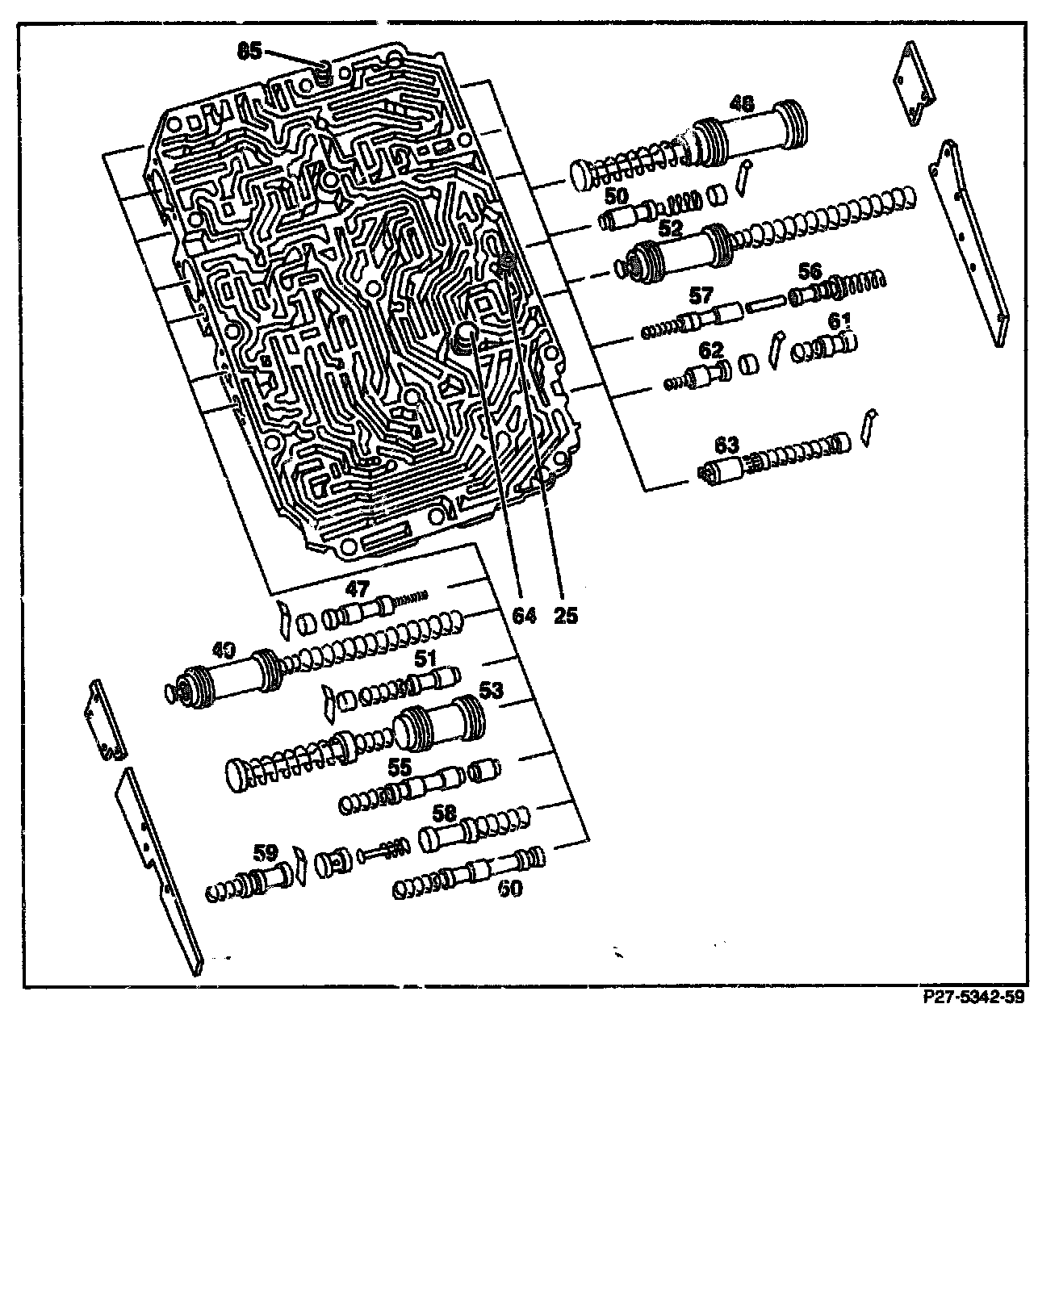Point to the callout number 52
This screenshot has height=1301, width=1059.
[x=670, y=229]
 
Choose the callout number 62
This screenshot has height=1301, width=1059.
[x=711, y=350]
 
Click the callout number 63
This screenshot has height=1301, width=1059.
[x=726, y=444]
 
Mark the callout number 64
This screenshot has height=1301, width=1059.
[x=525, y=616]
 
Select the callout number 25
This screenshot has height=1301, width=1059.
[x=566, y=616]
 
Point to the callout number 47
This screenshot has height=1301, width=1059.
[x=358, y=588]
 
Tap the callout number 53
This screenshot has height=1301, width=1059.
[x=491, y=690]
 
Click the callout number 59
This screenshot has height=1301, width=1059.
[x=266, y=852]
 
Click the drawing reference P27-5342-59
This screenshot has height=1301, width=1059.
[x=973, y=998]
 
